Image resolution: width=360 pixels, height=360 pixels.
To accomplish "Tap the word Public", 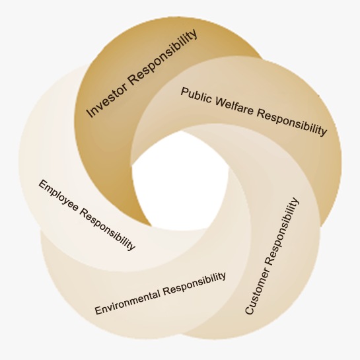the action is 196,96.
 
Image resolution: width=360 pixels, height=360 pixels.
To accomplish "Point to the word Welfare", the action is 234,106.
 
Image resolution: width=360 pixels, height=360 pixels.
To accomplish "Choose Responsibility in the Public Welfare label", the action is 291,122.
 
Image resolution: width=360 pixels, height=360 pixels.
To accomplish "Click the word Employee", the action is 59,196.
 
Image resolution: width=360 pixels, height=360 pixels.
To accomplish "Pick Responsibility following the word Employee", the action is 108,229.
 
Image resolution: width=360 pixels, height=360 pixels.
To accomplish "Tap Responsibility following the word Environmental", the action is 194,284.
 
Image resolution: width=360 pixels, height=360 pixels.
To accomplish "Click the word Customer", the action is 256,291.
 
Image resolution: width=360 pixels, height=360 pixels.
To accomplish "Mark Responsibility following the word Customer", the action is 282,232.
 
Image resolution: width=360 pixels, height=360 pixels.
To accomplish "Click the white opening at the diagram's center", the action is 181,182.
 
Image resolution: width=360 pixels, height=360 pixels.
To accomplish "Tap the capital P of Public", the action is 185,92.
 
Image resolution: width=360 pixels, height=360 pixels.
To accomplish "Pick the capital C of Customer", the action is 250,309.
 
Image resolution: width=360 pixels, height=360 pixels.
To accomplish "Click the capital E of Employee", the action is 43,184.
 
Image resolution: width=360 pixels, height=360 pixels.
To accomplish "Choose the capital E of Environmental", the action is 98,310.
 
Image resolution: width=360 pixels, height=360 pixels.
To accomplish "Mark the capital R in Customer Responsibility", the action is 269,261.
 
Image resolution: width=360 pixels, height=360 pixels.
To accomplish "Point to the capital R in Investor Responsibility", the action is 133,81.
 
